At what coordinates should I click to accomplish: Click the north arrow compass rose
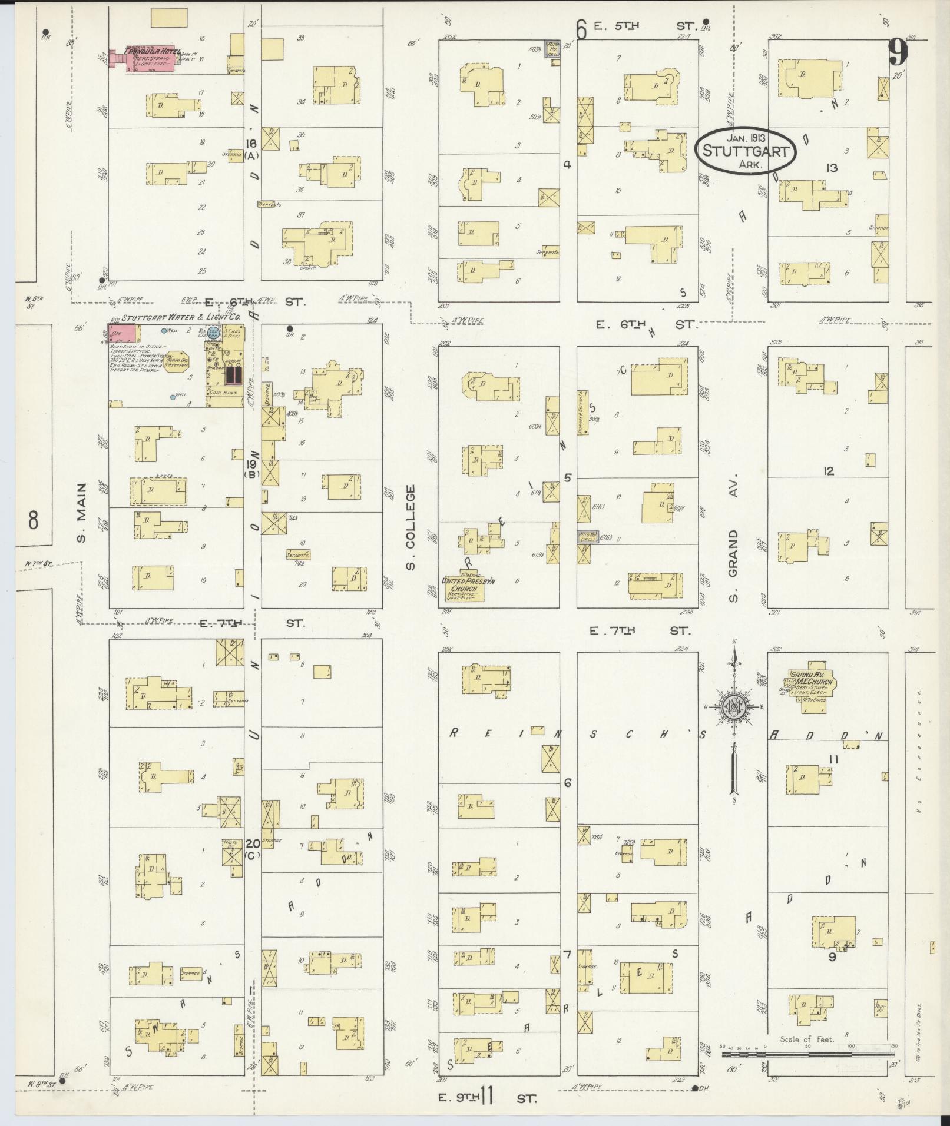[x=734, y=707]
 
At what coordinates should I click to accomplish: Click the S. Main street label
[x=81, y=512]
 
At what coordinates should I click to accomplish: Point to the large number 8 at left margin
[x=34, y=520]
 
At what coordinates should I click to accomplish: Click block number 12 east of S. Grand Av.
[x=829, y=471]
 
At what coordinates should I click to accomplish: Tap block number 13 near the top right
[x=831, y=168]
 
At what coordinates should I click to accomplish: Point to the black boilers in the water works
[x=231, y=374]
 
